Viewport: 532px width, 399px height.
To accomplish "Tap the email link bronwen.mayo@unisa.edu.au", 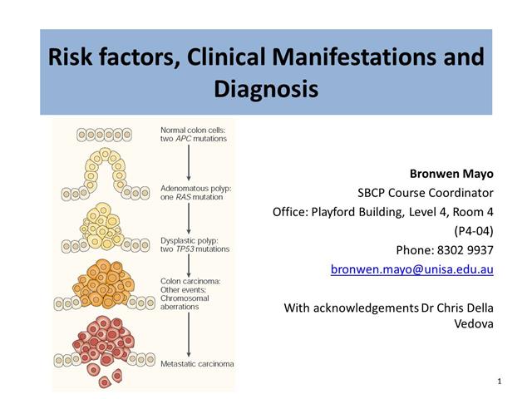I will [x=411, y=269].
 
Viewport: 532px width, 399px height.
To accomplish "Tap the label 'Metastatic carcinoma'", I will [x=197, y=364].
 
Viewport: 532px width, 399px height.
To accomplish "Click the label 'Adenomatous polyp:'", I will [x=196, y=189].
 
